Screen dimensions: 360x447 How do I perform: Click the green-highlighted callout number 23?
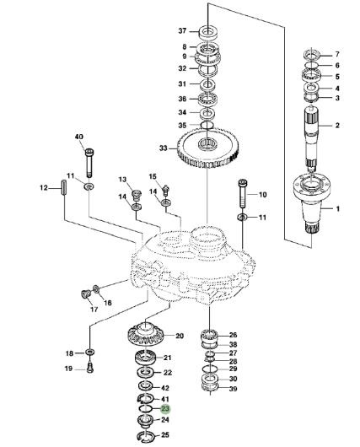(x=165, y=409)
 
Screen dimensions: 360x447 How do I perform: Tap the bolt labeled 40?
(x=89, y=163)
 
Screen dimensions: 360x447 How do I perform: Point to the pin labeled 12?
(x=64, y=187)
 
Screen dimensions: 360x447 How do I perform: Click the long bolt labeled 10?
(x=243, y=194)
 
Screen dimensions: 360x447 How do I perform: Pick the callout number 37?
(x=182, y=30)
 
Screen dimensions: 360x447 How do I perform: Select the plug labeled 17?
(x=85, y=294)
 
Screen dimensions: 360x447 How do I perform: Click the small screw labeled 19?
(x=90, y=367)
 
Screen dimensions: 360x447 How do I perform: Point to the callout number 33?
(x=163, y=148)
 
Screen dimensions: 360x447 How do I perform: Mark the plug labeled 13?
(x=137, y=196)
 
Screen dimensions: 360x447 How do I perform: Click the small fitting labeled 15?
(x=165, y=191)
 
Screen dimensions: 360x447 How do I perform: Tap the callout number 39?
(x=234, y=389)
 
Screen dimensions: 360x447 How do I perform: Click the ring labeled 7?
(x=311, y=54)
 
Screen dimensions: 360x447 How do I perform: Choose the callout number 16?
(x=108, y=303)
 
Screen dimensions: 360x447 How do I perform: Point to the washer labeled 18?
(x=89, y=353)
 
